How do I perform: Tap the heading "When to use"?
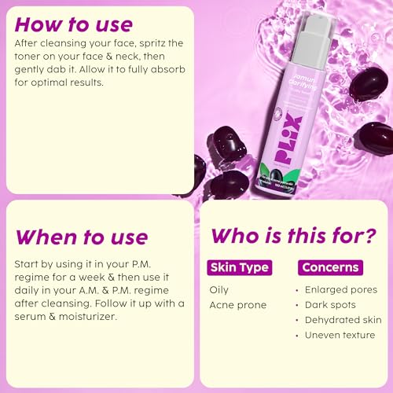click(81, 236)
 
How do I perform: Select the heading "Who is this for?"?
click(294, 236)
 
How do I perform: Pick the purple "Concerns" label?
click(332, 267)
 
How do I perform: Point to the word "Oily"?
click(219, 289)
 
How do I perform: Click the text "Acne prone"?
click(238, 305)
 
